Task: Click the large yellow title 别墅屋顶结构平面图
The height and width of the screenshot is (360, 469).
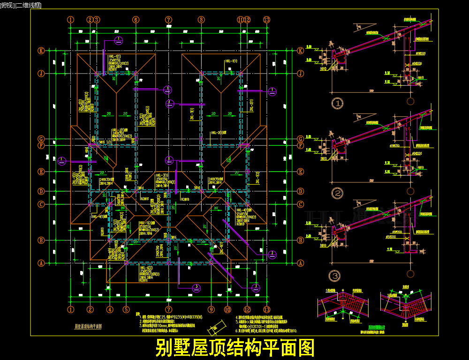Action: [234, 348]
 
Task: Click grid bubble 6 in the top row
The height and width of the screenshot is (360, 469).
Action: [136, 20]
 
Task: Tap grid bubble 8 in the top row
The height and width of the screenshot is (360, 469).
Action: [201, 20]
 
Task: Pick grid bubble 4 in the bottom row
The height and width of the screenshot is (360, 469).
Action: [110, 309]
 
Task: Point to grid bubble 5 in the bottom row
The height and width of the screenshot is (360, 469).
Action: [126, 309]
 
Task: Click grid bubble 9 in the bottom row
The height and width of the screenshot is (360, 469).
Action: [211, 309]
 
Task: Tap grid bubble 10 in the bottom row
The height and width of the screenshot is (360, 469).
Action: [227, 309]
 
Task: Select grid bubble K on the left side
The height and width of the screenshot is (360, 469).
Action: [41, 51]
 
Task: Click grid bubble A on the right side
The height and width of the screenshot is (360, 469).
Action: [300, 263]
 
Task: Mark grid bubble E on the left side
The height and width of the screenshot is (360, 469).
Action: [41, 172]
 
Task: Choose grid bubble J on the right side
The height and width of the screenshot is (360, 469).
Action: [300, 74]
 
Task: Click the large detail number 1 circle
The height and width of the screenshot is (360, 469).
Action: [337, 103]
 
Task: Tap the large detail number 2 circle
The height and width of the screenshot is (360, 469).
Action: [337, 193]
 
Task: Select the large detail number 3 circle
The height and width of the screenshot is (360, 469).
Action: [334, 276]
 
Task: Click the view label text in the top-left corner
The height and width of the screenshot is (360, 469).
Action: [21, 5]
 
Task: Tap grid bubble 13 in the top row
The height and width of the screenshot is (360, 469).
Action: [267, 20]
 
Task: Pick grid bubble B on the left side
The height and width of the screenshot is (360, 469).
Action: [41, 240]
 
